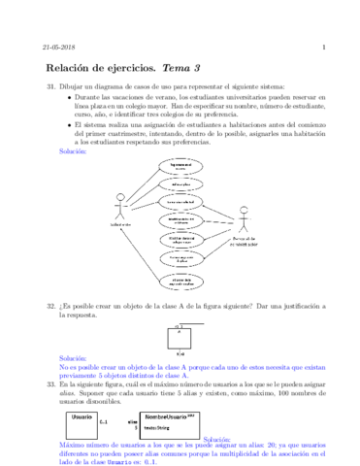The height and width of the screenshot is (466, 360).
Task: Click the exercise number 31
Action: (51, 88)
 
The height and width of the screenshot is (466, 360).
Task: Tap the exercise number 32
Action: (51, 306)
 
